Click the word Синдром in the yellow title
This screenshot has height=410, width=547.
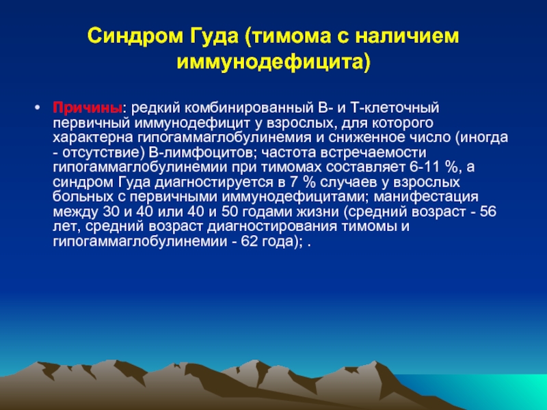pyautogui.click(x=135, y=36)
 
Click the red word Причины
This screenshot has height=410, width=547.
pyautogui.click(x=88, y=108)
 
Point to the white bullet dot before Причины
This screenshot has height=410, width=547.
pyautogui.click(x=38, y=107)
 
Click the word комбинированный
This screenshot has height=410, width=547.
pyautogui.click(x=250, y=108)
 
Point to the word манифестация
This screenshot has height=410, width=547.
pyautogui.click(x=426, y=197)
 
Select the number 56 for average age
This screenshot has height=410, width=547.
pyautogui.click(x=488, y=212)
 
